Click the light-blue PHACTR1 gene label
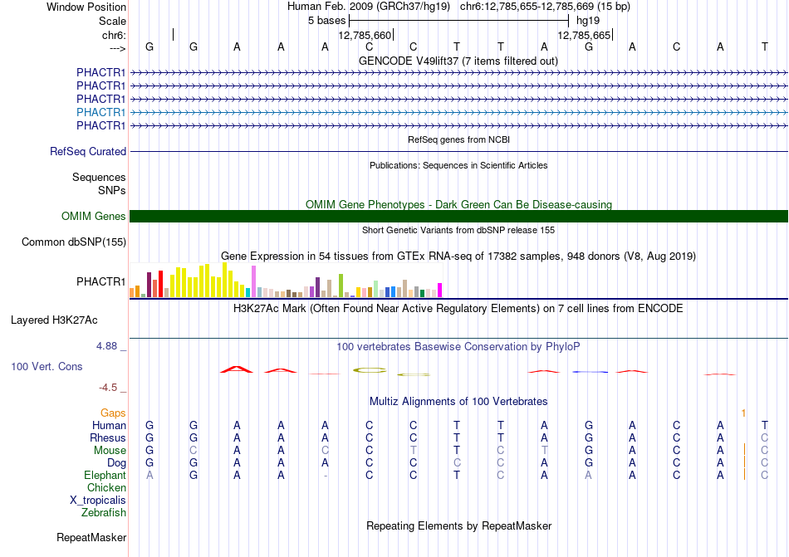click(100, 112)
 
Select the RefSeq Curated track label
click(88, 151)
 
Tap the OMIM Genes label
click(94, 216)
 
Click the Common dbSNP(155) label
click(74, 242)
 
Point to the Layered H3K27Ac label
click(54, 320)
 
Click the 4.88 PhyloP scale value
click(106, 346)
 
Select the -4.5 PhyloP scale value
click(108, 387)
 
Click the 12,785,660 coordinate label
click(365, 35)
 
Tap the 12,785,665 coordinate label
click(584, 35)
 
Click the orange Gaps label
click(113, 413)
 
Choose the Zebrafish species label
click(104, 513)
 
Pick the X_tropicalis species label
click(98, 501)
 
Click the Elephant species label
click(105, 475)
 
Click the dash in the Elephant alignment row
click(326, 476)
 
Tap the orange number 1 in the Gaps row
click(743, 413)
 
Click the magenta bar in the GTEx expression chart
click(440, 291)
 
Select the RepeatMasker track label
click(91, 537)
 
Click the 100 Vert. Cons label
click(47, 366)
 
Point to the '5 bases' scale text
click(327, 21)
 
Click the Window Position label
click(86, 7)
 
